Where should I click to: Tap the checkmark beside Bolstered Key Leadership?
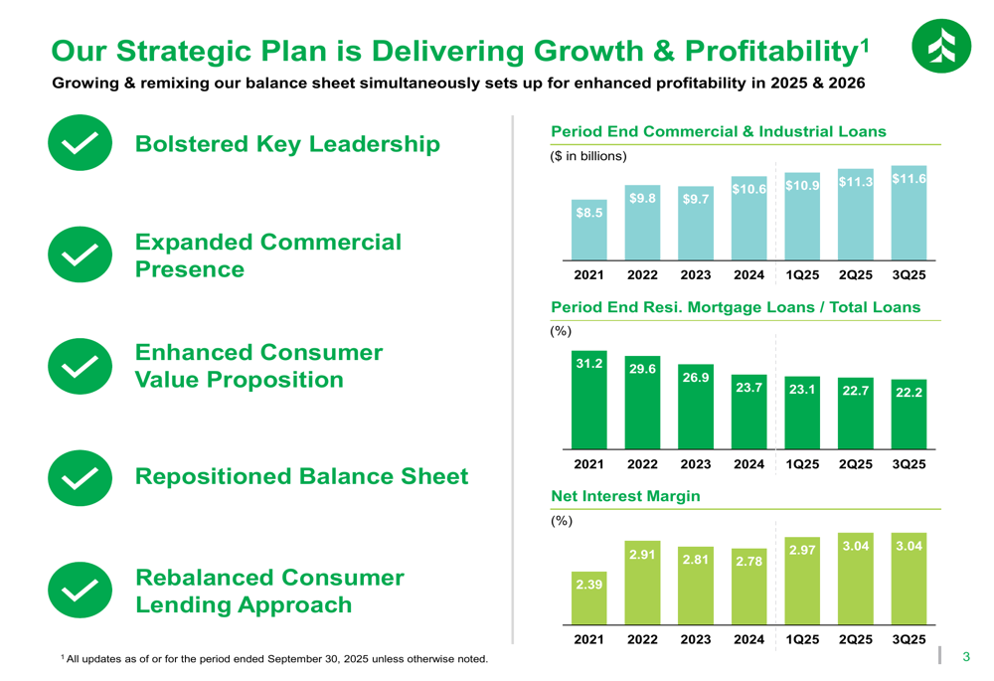tap(80, 143)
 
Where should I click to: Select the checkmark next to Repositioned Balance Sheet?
tap(80, 477)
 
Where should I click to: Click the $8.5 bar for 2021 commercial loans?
tap(589, 230)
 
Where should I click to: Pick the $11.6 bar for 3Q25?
tap(909, 213)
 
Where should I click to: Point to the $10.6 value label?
tap(748, 189)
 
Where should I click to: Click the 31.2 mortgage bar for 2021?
tap(589, 400)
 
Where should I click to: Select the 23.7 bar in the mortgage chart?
tap(748, 419)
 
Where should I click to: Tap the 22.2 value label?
tap(909, 392)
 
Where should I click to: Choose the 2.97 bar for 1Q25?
tap(802, 582)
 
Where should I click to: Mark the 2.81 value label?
tap(696, 560)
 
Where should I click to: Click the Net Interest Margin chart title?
tap(625, 496)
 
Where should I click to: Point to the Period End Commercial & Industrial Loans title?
tap(718, 131)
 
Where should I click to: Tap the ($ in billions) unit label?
tap(588, 156)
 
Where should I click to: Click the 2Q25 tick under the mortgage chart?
tap(855, 464)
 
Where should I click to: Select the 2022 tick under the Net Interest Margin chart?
tap(642, 639)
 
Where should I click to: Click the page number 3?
tap(965, 657)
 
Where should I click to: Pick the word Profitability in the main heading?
tap(763, 52)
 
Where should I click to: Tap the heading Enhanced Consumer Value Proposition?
tap(258, 366)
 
